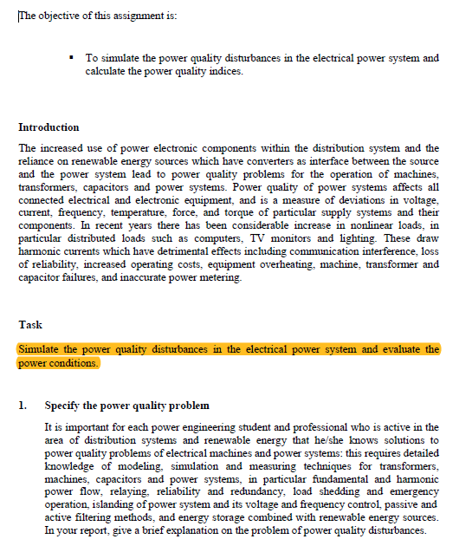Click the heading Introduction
click(48, 127)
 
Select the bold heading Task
click(30, 325)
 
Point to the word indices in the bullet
click(223, 71)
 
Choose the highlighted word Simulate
click(40, 349)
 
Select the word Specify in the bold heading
click(63, 406)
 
